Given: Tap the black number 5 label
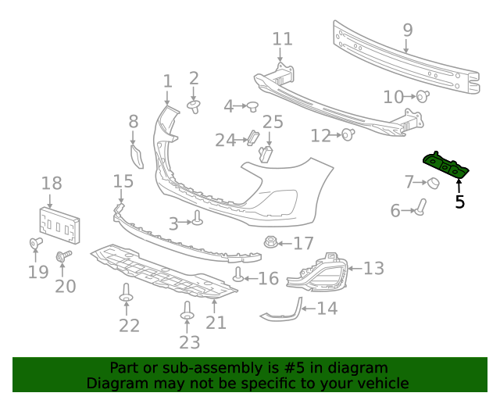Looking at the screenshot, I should tap(459, 202).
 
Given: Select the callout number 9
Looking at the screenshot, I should tap(407, 30).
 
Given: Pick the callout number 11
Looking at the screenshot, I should tap(282, 39).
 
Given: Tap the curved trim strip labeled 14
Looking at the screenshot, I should tap(283, 310).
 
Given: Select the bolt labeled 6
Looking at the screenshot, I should tap(420, 208).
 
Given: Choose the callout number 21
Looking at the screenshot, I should tap(216, 322).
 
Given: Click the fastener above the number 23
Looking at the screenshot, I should tap(187, 311).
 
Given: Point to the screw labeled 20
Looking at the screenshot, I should tap(63, 256).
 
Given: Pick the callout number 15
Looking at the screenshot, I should tap(123, 182).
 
